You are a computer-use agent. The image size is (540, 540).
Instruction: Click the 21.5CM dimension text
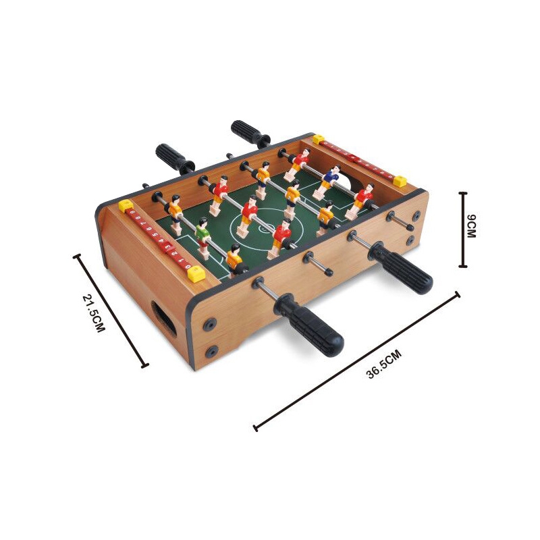[93, 313]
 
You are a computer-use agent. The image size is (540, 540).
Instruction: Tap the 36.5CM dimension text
[384, 364]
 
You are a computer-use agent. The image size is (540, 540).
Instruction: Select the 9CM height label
[470, 226]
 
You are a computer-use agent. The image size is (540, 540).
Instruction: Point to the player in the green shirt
[203, 238]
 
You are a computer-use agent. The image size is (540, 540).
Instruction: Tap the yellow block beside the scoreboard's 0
[196, 275]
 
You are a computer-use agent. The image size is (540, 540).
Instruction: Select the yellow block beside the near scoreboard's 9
[126, 206]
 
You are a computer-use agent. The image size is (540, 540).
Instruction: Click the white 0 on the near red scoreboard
[188, 266]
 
